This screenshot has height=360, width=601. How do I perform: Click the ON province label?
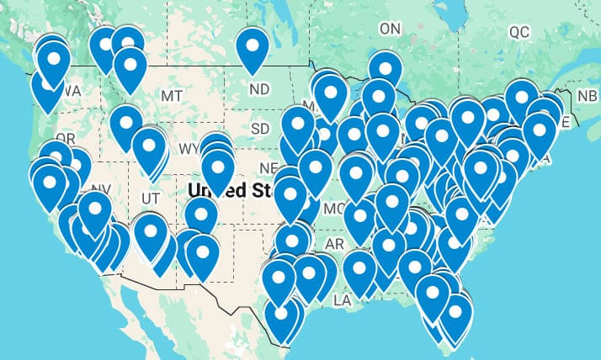[391, 29]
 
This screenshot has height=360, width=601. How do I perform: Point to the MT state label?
[172, 97]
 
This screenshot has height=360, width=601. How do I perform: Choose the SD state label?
[261, 129]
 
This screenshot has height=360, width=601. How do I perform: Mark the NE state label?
[269, 167]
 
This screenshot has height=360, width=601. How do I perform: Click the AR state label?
[335, 244]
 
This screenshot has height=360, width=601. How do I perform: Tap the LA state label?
[342, 299]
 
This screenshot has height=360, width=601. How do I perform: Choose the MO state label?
[334, 208]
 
